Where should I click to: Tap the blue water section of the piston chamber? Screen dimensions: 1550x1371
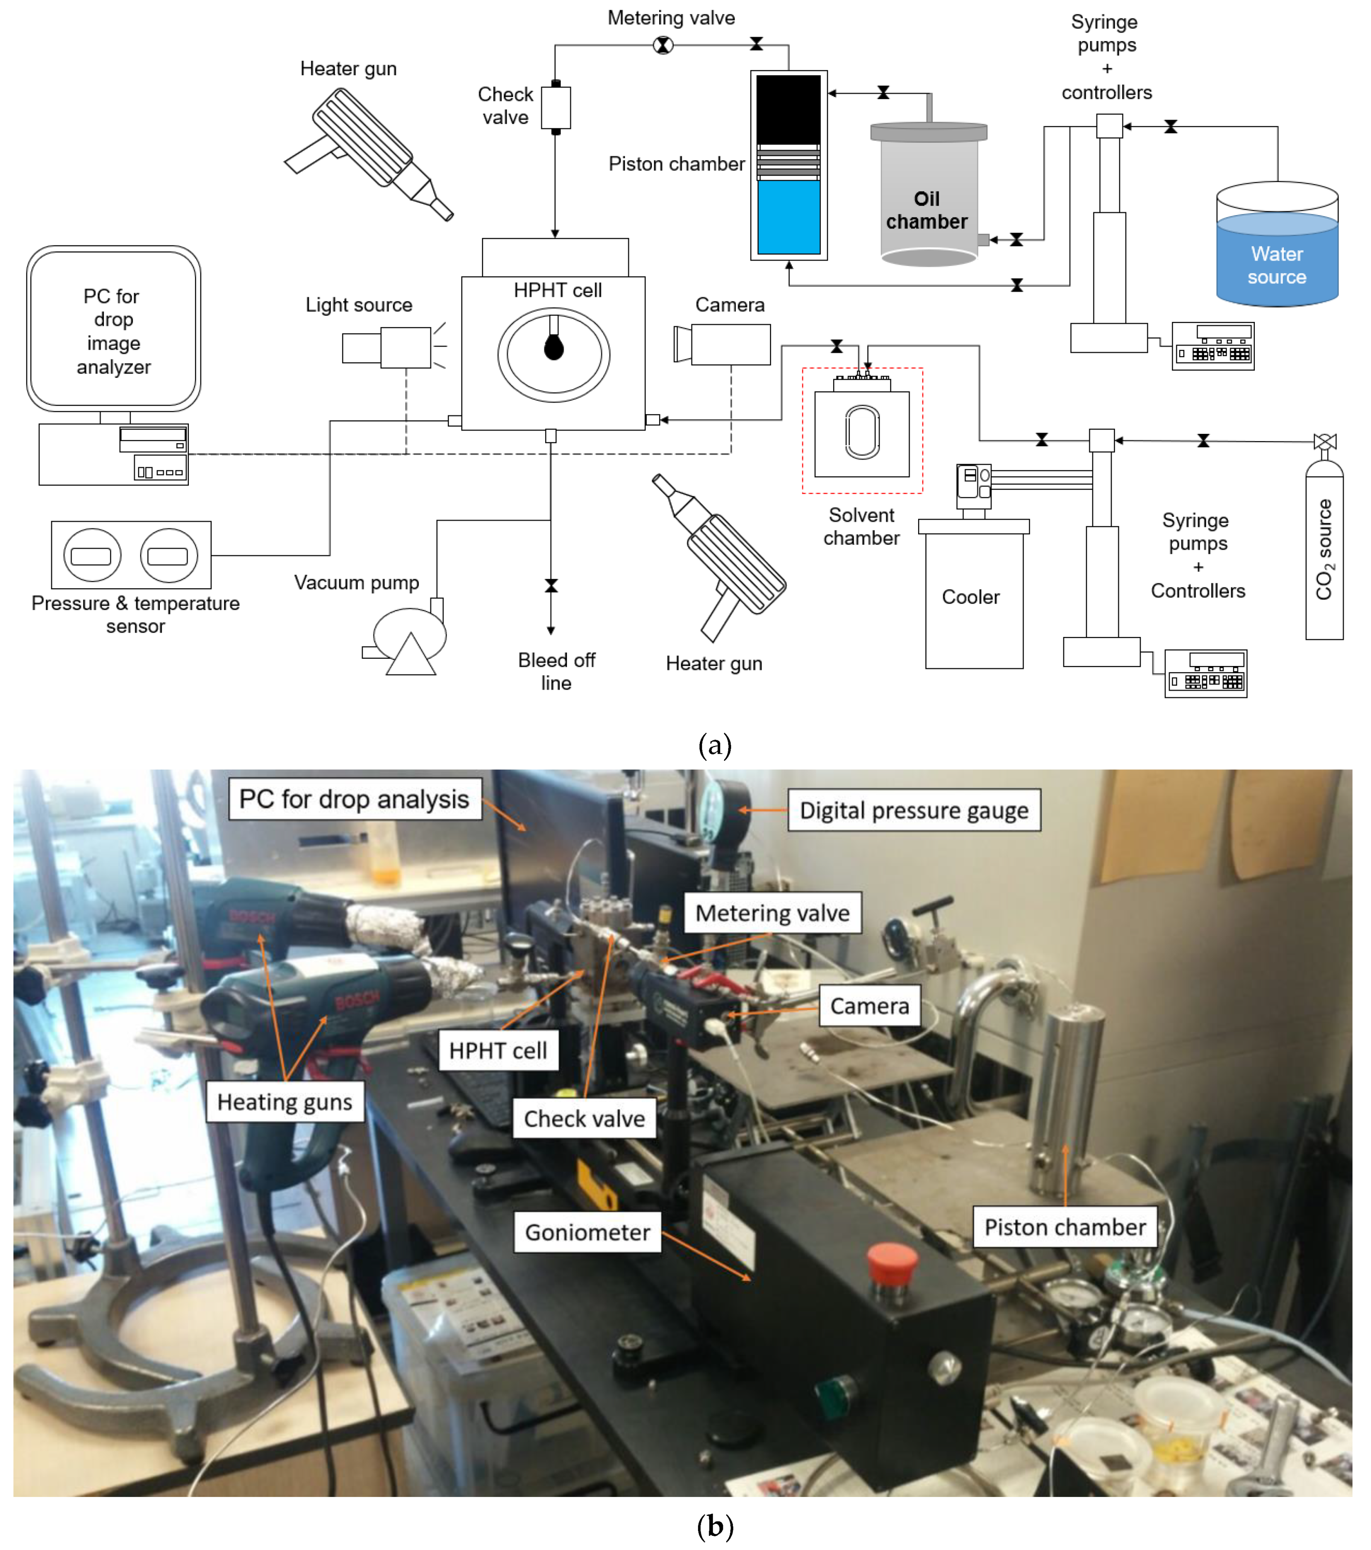pos(788,216)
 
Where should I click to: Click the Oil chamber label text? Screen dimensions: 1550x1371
pos(926,210)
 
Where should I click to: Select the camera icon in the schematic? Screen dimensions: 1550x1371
pos(722,344)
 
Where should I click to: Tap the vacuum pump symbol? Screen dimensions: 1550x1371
pos(409,641)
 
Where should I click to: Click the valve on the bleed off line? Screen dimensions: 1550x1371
pos(551,586)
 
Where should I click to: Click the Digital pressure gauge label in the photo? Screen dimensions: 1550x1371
pos(913,810)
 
